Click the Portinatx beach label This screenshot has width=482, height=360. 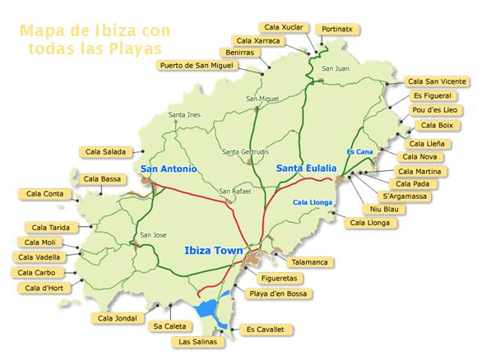tap(338, 28)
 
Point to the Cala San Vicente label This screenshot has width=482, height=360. tap(437, 81)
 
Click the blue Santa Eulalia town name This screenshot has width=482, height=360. tap(306, 168)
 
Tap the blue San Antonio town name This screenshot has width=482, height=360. tap(169, 169)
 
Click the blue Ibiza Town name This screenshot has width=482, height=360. tap(211, 250)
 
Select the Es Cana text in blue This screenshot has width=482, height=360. tap(360, 152)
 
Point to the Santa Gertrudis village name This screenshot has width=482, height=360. tap(246, 152)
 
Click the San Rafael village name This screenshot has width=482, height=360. tap(234, 192)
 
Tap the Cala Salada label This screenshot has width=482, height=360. tap(104, 151)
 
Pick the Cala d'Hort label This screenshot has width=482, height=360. tap(44, 288)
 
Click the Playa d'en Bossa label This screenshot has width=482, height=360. tap(280, 293)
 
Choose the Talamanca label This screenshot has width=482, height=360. tap(309, 262)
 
